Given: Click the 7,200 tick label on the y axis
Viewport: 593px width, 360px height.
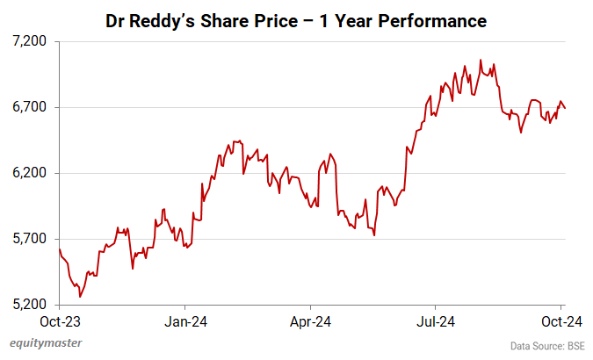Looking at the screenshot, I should tap(32, 41).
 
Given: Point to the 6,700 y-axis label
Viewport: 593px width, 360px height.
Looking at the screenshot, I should tap(32, 107).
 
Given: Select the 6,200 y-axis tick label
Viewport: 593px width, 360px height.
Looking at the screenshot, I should tap(32, 173).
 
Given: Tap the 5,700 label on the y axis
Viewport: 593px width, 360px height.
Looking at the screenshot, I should tap(32, 239).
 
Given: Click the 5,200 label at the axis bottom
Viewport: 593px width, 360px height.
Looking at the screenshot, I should tap(32, 305).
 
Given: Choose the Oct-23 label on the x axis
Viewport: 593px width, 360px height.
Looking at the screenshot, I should tap(59, 320).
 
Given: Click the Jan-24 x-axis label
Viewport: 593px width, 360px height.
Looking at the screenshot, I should tap(186, 320).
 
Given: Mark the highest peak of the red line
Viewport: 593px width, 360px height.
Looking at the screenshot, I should tap(480, 60).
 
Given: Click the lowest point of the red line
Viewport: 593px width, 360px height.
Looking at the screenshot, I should tap(80, 297).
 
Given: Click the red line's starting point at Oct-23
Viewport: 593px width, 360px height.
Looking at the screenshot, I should tap(59, 249).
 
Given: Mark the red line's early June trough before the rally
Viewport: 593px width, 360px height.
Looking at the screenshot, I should tap(374, 235).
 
